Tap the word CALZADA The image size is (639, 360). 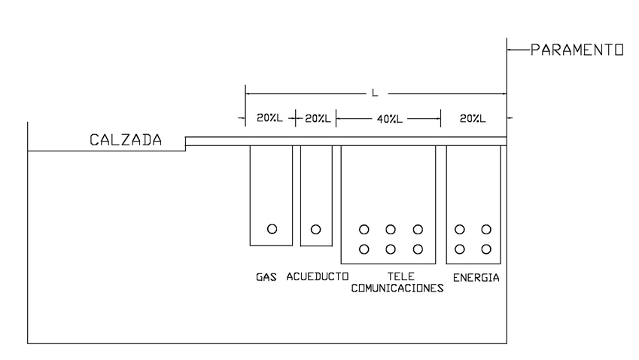tap(126, 139)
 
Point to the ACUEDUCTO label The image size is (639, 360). tap(316, 278)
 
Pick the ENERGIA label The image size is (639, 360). tap(476, 278)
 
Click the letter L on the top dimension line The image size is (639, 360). tap(375, 93)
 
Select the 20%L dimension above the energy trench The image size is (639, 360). tap(472, 118)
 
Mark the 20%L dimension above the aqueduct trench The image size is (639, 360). tap(317, 118)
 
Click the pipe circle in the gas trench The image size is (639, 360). tap(272, 229)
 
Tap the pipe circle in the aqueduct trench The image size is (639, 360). tap(316, 229)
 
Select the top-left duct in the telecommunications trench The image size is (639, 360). tap(364, 229)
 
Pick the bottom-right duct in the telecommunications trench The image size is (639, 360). tap(418, 249)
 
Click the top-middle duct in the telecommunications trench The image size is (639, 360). tap(391, 229)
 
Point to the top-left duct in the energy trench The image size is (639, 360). tap(460, 229)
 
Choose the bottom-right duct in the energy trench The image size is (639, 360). tap(486, 249)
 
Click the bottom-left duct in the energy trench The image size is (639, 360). tap(460, 249)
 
